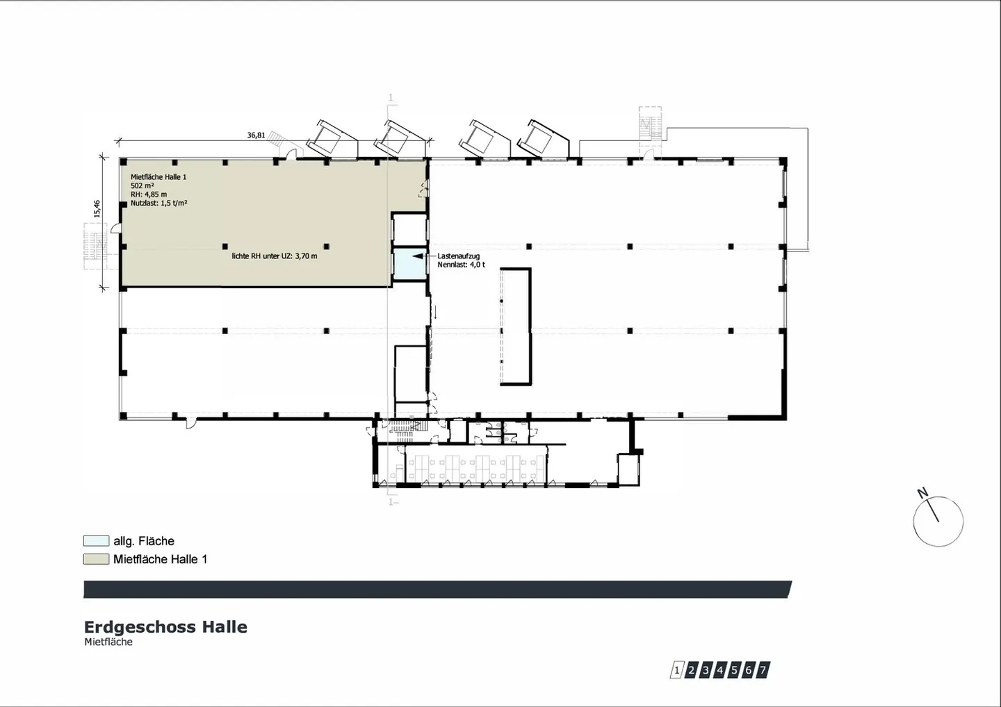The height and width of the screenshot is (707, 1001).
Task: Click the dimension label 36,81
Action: click(x=256, y=135)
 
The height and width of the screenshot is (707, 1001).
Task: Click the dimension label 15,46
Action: click(x=97, y=209)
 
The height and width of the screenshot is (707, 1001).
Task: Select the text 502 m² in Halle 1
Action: click(x=143, y=185)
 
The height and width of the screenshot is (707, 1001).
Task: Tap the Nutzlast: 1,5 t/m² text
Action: click(x=159, y=203)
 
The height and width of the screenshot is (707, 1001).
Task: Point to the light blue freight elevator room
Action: click(x=409, y=264)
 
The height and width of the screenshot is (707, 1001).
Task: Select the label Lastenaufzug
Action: click(x=459, y=256)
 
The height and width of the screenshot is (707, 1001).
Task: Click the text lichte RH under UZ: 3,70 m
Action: click(x=275, y=256)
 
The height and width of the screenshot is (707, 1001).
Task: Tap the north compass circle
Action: click(x=938, y=522)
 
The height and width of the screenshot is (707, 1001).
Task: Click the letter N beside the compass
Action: click(x=922, y=493)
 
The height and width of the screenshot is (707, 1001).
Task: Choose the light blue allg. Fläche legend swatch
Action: click(x=96, y=541)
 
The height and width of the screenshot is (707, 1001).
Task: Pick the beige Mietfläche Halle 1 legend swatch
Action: click(x=96, y=559)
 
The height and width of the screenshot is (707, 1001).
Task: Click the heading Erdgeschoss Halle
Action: click(x=165, y=627)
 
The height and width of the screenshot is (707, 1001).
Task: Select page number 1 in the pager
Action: click(x=676, y=670)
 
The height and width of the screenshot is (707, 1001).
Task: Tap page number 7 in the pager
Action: click(x=763, y=670)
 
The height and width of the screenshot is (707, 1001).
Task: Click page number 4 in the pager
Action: click(x=719, y=670)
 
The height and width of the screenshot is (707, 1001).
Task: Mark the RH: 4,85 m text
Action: click(x=149, y=194)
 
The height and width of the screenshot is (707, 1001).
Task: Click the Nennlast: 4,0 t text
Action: click(x=461, y=265)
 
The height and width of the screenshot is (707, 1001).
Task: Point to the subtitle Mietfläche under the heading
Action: click(x=108, y=642)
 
